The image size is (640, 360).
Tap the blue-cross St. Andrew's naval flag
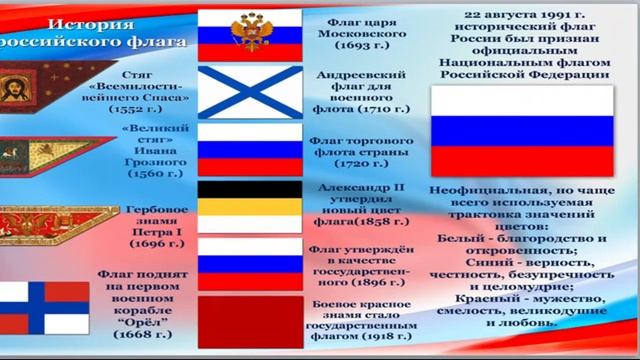[247, 91]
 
